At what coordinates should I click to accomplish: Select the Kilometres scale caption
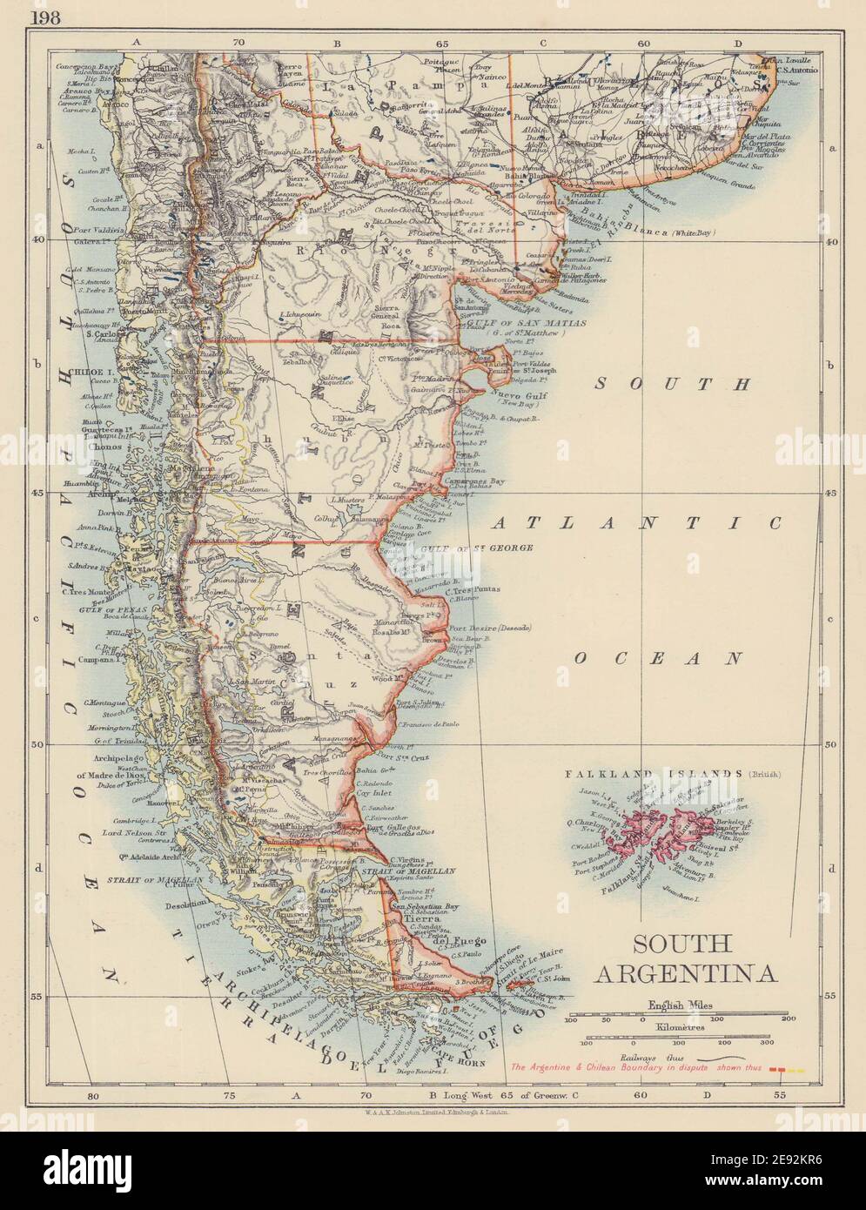[679, 1027]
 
